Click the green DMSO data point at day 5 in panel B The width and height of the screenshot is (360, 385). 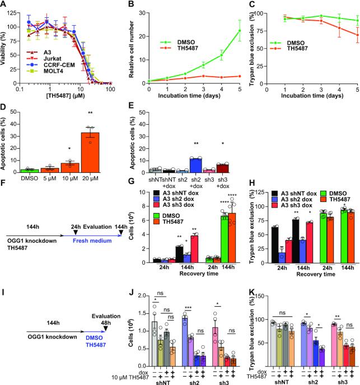click(240, 31)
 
